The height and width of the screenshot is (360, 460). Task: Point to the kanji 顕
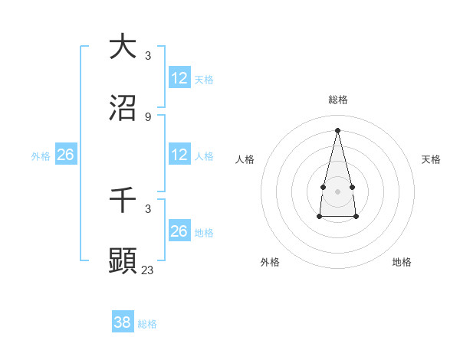[x=123, y=260]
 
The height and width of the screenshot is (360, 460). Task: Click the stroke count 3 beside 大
[x=148, y=55]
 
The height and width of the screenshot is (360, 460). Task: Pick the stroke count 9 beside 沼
[x=148, y=116]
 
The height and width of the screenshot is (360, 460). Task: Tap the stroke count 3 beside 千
[x=148, y=208]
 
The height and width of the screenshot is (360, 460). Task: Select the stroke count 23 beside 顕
[x=148, y=270]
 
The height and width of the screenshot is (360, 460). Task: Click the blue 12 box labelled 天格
[x=179, y=78]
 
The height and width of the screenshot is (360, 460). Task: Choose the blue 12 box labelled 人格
[x=179, y=155]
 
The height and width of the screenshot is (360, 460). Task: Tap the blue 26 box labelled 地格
[x=179, y=231]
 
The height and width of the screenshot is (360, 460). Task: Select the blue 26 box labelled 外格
[x=65, y=155]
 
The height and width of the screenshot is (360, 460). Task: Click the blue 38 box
[x=123, y=322]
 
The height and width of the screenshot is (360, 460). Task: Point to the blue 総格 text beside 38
[x=147, y=324]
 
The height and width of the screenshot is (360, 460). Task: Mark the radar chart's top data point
[x=337, y=130]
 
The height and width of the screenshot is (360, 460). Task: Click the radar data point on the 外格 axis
[x=320, y=217]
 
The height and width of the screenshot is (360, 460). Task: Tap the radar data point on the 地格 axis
[x=356, y=217]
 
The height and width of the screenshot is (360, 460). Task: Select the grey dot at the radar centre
[x=337, y=191]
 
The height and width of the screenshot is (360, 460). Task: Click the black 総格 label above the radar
[x=338, y=100]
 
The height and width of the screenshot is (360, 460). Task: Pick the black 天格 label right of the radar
[x=431, y=159]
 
